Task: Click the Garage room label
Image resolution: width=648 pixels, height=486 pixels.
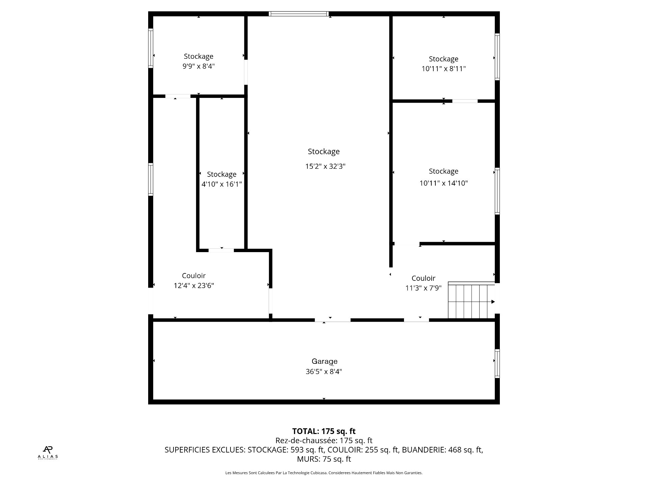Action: tap(324, 361)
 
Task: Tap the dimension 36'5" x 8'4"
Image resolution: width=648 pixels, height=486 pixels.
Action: tap(324, 372)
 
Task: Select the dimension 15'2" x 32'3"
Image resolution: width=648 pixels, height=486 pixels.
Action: tap(325, 166)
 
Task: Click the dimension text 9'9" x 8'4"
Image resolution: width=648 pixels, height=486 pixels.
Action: tap(198, 66)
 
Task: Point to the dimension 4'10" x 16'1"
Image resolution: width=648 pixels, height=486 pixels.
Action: tap(221, 184)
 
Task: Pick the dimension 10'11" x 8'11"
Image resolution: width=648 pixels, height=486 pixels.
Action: tap(443, 69)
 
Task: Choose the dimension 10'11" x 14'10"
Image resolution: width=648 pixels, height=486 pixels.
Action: tap(443, 183)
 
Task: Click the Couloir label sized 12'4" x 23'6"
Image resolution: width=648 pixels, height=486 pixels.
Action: tap(193, 276)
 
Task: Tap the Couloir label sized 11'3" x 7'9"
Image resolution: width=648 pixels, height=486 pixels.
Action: tap(423, 278)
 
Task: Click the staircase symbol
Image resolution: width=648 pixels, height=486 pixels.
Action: tap(471, 301)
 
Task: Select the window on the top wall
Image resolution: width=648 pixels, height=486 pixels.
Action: tap(298, 14)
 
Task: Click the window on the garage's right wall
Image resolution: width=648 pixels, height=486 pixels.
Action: tap(497, 363)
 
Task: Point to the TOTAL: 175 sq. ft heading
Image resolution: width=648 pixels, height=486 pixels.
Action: tap(324, 431)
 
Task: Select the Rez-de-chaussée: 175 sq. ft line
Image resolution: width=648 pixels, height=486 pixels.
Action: tap(324, 440)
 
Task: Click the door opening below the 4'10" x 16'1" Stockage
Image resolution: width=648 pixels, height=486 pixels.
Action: tap(221, 250)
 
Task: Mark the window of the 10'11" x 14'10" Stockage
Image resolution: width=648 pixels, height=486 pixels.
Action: tap(497, 191)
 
